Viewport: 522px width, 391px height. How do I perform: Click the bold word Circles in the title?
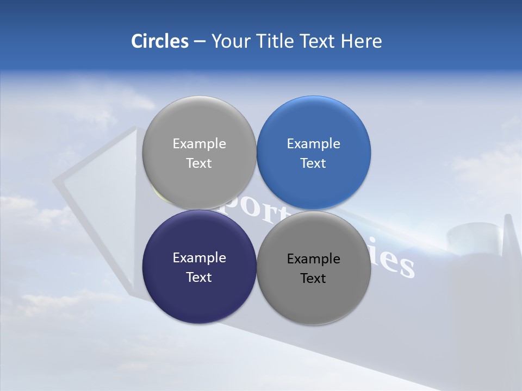(x=160, y=41)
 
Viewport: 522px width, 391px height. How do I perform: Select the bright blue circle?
(x=313, y=125)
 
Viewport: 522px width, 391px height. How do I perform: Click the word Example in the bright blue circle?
(x=313, y=144)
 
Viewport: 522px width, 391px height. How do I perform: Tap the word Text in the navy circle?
(x=199, y=278)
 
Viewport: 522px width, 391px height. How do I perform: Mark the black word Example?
(x=313, y=259)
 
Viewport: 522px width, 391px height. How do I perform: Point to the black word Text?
(x=313, y=279)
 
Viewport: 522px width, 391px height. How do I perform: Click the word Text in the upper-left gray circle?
(x=199, y=163)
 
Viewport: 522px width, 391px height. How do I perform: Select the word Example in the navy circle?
(x=199, y=258)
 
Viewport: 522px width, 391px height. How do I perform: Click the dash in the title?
(x=200, y=42)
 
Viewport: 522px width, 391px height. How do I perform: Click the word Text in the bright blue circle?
(x=313, y=163)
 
